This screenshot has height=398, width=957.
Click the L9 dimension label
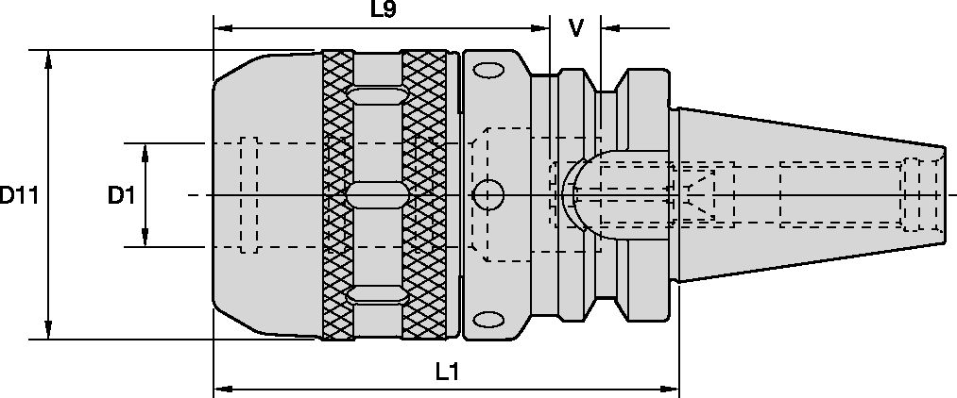point(383,11)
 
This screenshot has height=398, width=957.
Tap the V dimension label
point(574,28)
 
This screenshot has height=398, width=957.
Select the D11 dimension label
point(18,196)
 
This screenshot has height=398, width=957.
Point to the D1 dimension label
point(120,196)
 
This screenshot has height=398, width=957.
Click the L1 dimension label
point(447,373)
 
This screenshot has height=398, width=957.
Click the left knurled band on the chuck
point(338,194)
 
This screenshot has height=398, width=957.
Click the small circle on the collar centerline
point(487,195)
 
